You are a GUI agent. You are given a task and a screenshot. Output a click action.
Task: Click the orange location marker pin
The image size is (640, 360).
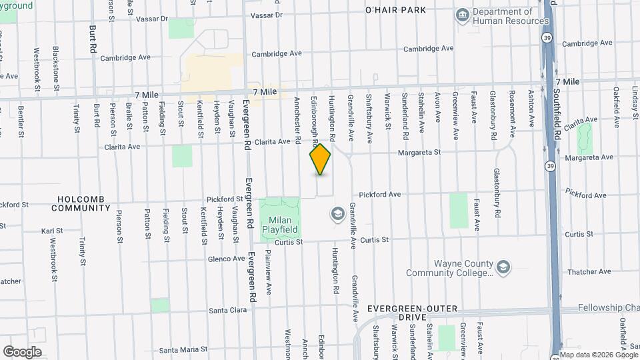[x=321, y=159]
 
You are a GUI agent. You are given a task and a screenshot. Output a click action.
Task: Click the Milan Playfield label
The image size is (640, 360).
[x=283, y=225]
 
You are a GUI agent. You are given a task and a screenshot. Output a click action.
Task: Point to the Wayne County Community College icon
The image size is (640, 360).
[x=503, y=267]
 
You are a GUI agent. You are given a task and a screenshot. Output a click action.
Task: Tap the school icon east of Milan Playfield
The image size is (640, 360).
[x=337, y=213]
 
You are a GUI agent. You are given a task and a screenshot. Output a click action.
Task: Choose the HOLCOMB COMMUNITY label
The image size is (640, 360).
[x=83, y=203]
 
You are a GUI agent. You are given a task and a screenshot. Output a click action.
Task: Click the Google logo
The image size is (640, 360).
[x=22, y=352]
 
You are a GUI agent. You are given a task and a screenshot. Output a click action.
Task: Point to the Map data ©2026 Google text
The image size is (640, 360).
[x=598, y=355]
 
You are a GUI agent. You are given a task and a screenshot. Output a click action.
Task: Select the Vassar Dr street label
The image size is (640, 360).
[x=266, y=15]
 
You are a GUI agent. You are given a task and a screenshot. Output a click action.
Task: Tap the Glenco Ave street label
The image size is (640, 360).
[x=226, y=259]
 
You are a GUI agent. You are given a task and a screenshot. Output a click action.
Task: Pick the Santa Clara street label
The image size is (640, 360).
[x=228, y=310]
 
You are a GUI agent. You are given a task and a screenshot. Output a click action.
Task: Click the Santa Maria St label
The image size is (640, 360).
[x=181, y=349]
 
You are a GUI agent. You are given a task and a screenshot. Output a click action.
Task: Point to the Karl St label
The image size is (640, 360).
[x=51, y=231]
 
